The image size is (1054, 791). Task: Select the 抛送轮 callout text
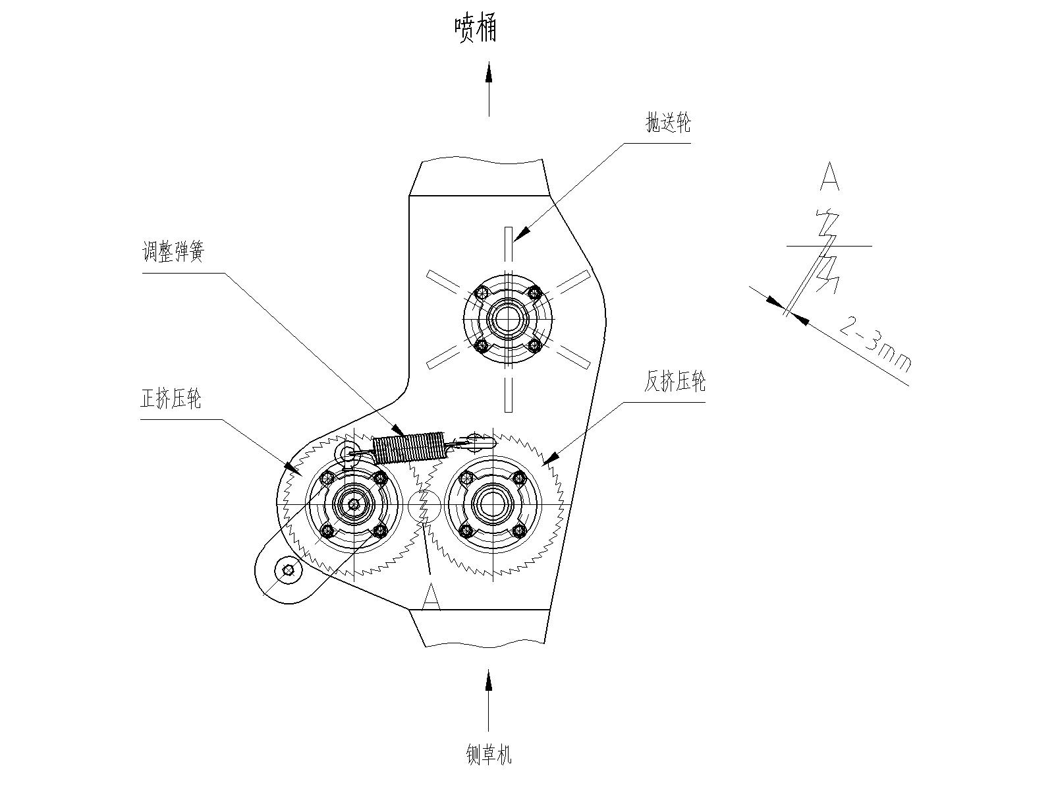tap(668, 123)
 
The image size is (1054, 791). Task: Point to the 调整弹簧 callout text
tap(173, 251)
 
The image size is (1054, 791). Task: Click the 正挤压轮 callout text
tap(171, 398)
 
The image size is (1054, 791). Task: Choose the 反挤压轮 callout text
tap(675, 382)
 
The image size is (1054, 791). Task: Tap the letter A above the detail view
tap(829, 176)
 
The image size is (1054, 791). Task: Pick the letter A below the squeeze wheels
tap(431, 597)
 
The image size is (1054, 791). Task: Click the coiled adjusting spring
tap(408, 448)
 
